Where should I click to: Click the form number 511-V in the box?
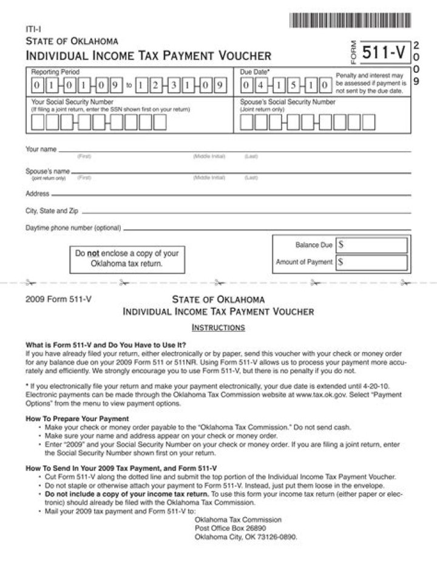coord(384,53)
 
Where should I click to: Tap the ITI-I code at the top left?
coord(33,29)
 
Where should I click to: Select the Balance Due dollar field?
coord(372,245)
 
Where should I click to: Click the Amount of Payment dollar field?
coord(372,262)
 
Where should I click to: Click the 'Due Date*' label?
coord(256,72)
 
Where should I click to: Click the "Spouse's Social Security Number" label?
coord(287,102)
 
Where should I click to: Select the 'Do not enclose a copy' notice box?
coord(127,259)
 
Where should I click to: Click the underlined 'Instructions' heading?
coord(218,328)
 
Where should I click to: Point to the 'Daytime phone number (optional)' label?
coord(73,229)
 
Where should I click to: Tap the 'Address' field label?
coord(37,194)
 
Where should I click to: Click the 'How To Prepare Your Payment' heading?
coord(77,419)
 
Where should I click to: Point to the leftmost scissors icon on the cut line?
coord(30,283)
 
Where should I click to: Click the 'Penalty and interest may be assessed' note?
coord(370,83)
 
